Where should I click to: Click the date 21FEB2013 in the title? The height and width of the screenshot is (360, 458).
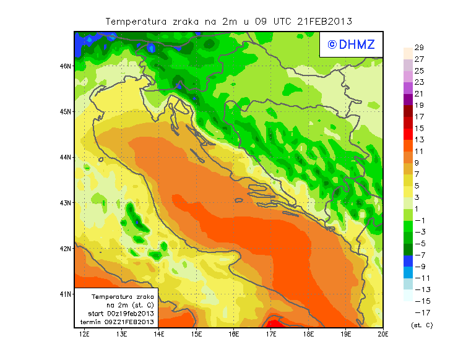326,21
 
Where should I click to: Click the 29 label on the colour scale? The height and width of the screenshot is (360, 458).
419,48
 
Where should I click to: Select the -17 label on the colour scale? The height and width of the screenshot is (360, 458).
418,312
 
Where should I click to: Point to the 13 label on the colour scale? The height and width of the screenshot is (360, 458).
419,140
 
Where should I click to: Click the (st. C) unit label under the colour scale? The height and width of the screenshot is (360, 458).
421,325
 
